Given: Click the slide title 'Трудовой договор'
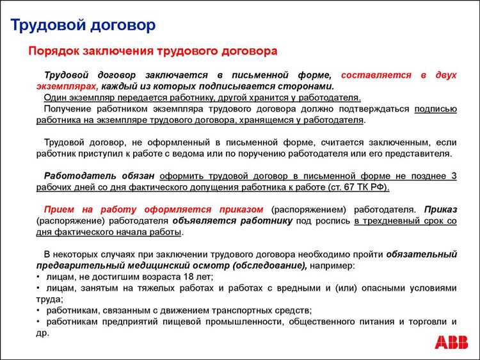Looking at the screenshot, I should [x=83, y=26].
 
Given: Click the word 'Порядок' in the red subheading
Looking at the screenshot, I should [x=52, y=51].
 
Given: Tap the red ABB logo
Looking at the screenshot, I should [x=451, y=342].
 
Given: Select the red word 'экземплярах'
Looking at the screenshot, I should [x=67, y=86].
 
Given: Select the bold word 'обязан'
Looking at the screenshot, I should [x=138, y=176].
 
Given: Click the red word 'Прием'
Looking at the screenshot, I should [x=60, y=209].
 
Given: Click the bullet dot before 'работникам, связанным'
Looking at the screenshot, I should [x=39, y=310].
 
